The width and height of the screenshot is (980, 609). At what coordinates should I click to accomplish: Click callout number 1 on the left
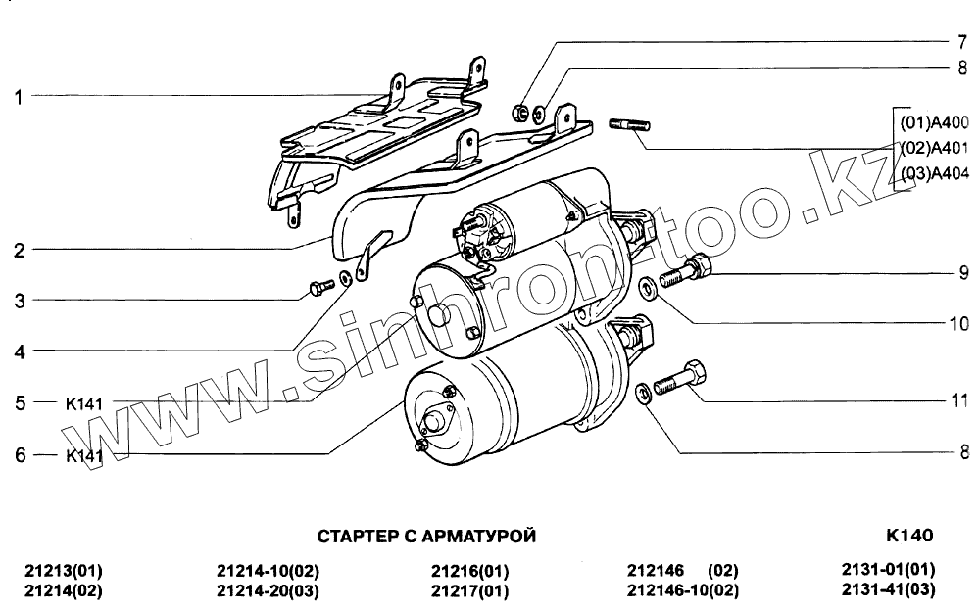pyautogui.click(x=19, y=97)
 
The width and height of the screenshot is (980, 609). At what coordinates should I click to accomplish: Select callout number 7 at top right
pyautogui.click(x=962, y=43)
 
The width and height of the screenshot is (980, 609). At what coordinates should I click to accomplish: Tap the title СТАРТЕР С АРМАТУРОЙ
pyautogui.click(x=427, y=537)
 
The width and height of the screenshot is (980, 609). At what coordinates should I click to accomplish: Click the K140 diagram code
pyautogui.click(x=909, y=536)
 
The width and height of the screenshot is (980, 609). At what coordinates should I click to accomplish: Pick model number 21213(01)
pyautogui.click(x=63, y=571)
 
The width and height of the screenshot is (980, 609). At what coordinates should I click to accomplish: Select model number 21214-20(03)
pyautogui.click(x=268, y=590)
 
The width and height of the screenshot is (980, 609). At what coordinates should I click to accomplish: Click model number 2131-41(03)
pyautogui.click(x=888, y=589)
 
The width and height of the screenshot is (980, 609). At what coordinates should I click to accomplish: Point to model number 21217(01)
pyautogui.click(x=470, y=590)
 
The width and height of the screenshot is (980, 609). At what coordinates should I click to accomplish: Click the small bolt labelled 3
pyautogui.click(x=318, y=288)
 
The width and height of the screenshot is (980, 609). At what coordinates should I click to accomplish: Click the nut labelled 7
pyautogui.click(x=522, y=112)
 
